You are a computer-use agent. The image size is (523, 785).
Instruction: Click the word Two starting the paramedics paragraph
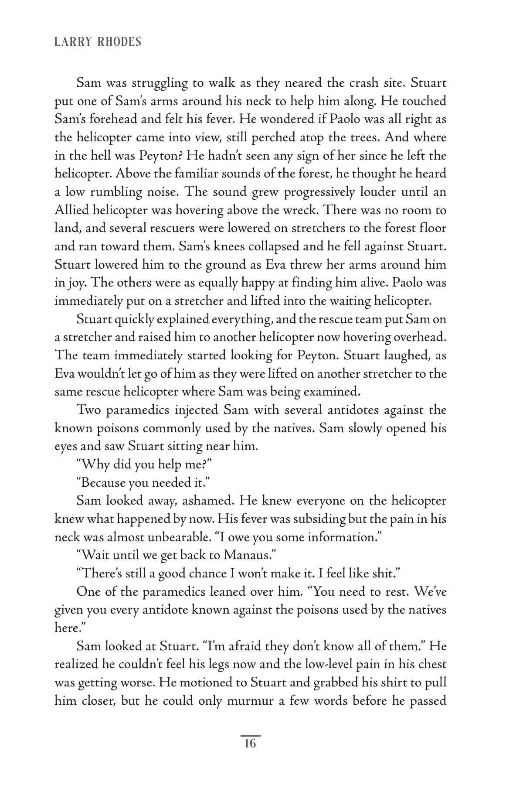click(87, 410)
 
